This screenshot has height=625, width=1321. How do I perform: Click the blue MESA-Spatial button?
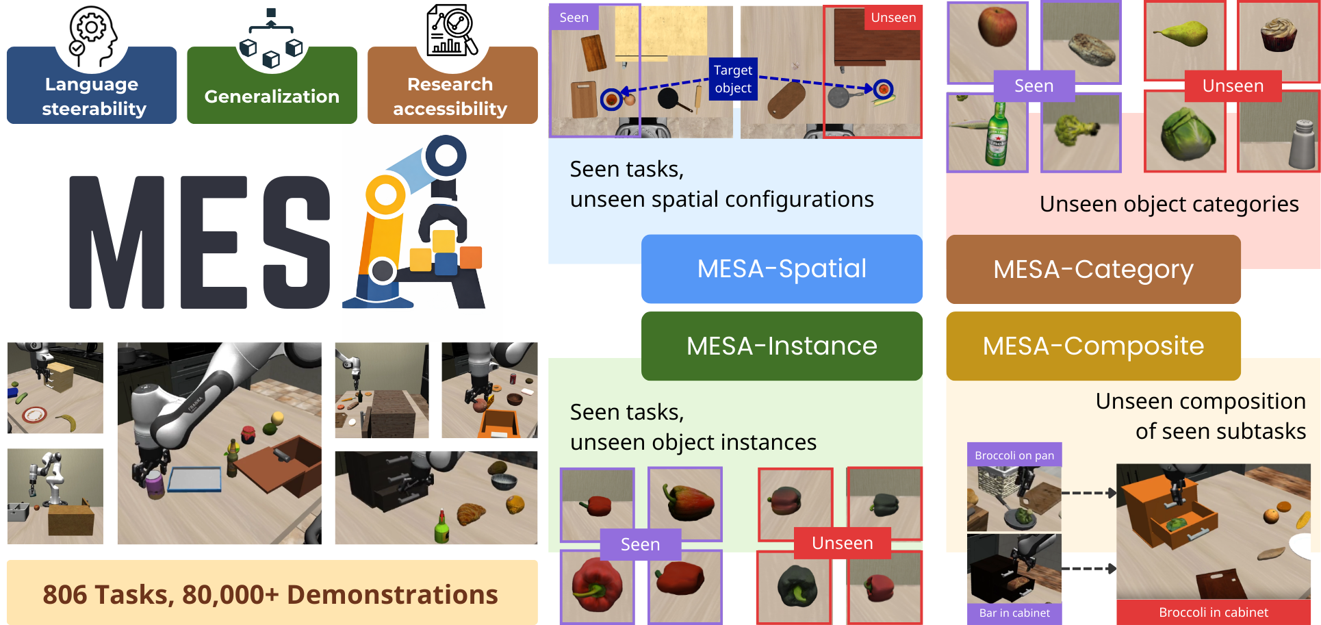pyautogui.click(x=782, y=269)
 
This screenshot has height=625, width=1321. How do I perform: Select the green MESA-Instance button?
pyautogui.click(x=782, y=346)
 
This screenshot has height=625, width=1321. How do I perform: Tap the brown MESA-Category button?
pyautogui.click(x=1093, y=269)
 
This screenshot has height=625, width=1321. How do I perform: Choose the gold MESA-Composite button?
pyautogui.click(x=1093, y=346)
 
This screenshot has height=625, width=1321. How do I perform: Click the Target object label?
pyautogui.click(x=733, y=79)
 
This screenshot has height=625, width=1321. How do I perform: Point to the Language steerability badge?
pyautogui.click(x=92, y=95)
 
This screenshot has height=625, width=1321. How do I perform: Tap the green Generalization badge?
pyautogui.click(x=272, y=96)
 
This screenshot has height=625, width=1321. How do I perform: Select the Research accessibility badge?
pyautogui.click(x=452, y=95)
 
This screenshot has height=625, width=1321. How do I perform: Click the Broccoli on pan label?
pyautogui.click(x=1014, y=455)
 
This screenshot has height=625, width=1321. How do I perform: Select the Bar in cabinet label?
pyautogui.click(x=1014, y=613)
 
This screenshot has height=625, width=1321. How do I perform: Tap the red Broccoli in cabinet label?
pyautogui.click(x=1214, y=612)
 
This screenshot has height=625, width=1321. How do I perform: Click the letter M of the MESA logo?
pyautogui.click(x=116, y=243)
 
